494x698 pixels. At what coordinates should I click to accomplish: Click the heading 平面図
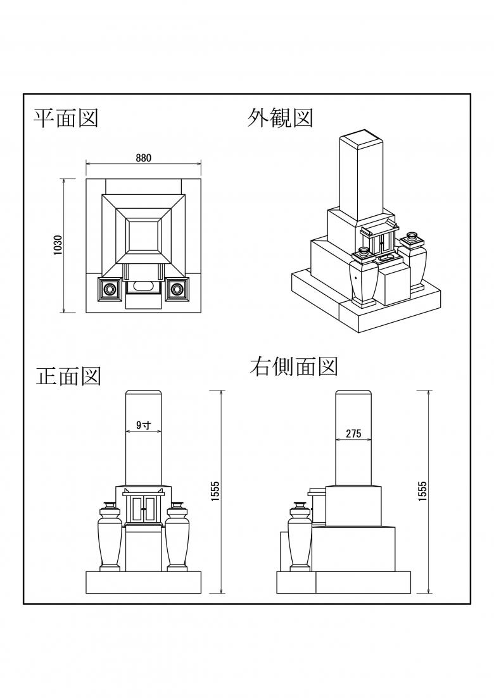pos(66,118)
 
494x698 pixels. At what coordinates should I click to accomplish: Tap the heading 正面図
pos(68,377)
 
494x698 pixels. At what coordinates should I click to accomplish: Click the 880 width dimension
pos(143,158)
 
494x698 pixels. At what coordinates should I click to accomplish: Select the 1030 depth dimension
pos(58,246)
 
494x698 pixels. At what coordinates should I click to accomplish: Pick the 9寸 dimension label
pos(143,425)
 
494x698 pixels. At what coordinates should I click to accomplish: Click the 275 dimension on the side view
pos(353,433)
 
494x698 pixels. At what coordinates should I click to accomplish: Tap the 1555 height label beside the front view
pos(215,492)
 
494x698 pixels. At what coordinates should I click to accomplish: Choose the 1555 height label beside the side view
pos(423,492)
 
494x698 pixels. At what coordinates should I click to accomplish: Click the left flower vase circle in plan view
pos(110,289)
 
